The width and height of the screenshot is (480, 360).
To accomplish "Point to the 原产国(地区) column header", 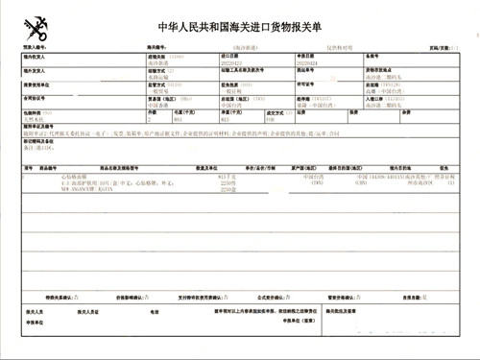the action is tap(317, 166).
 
